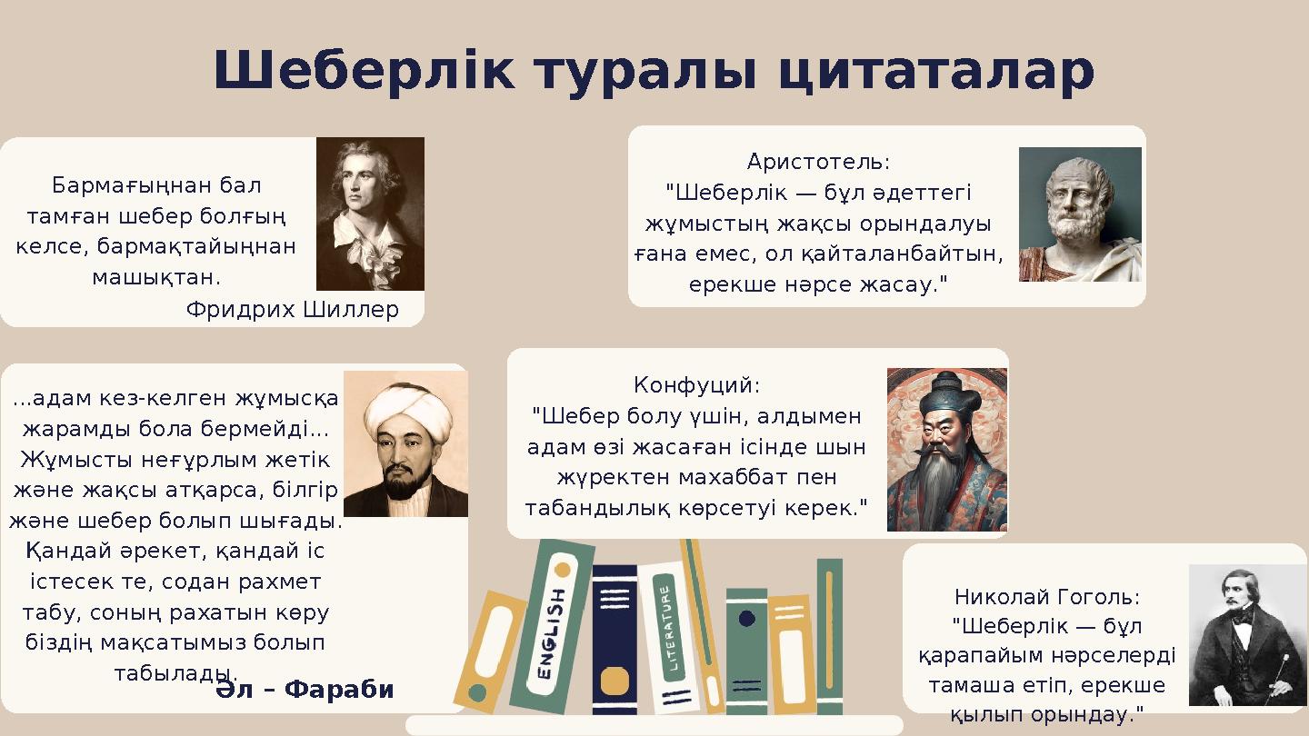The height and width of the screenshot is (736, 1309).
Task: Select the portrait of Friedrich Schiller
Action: tap(370, 214)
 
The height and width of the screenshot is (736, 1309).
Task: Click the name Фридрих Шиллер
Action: tap(292, 311)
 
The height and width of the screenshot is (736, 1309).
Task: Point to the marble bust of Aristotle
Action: tap(1079, 214)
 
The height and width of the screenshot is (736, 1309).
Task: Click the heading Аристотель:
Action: tap(818, 163)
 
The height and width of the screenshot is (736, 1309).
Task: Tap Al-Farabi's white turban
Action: tap(407, 410)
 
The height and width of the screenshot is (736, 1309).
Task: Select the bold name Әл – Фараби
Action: tap(305, 690)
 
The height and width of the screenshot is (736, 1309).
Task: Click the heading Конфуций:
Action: tap(696, 386)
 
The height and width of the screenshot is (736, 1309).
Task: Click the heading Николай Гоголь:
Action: tap(1046, 598)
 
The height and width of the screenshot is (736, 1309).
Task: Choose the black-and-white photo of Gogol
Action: tap(1246, 635)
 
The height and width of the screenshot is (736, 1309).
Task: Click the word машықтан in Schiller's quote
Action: tap(156, 275)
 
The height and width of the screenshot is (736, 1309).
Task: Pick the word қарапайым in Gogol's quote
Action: tap(978, 656)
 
